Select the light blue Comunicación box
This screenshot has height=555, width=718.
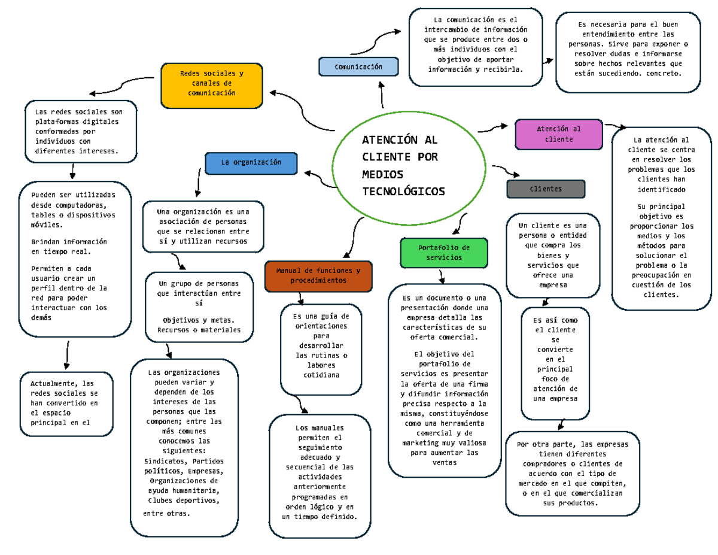tap(358, 66)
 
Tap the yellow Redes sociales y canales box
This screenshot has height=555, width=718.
tap(212, 84)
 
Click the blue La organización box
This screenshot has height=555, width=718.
tap(251, 162)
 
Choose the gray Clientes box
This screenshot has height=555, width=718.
tap(546, 189)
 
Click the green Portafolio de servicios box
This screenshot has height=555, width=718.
tap(444, 252)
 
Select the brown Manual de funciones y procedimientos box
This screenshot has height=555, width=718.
tap(318, 275)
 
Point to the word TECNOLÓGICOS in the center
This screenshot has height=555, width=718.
tap(404, 191)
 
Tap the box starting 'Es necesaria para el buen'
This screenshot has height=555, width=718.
tap(628, 52)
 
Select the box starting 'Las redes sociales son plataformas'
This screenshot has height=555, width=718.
tap(81, 131)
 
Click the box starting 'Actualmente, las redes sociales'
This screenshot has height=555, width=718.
tap(66, 403)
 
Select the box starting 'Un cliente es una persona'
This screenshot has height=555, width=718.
tap(552, 255)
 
